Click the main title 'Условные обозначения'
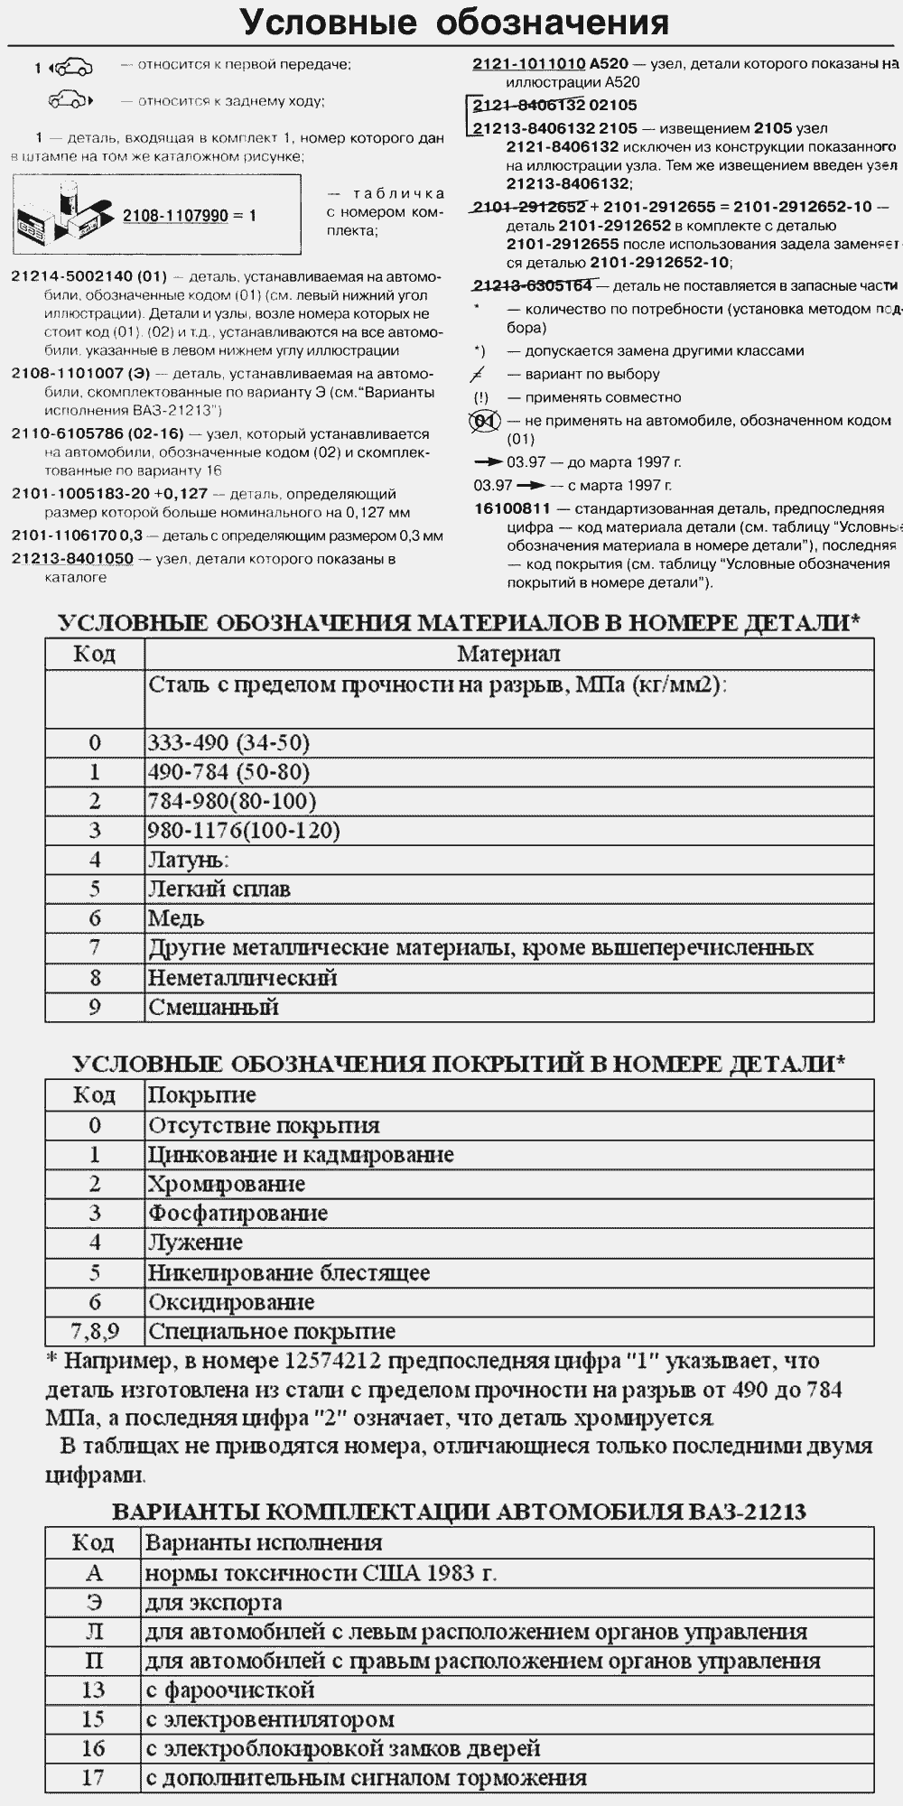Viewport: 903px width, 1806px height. (x=454, y=22)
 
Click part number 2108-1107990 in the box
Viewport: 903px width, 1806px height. (x=175, y=217)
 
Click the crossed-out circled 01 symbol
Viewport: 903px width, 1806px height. (x=485, y=421)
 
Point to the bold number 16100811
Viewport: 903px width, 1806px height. (x=512, y=508)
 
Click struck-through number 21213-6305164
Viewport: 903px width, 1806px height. (x=532, y=286)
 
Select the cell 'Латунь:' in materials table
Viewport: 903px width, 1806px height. (x=189, y=860)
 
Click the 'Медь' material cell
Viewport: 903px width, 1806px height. (x=176, y=918)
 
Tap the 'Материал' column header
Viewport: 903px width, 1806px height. (x=508, y=654)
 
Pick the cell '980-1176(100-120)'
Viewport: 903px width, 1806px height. (x=244, y=831)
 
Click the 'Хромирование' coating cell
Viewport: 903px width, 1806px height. (x=227, y=1184)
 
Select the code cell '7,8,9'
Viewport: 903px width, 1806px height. (x=95, y=1331)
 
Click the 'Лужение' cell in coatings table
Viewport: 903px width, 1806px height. (x=196, y=1243)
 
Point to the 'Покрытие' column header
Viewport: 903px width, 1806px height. (x=202, y=1095)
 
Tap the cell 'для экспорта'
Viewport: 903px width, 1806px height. (x=214, y=1603)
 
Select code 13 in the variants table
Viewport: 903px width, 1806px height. (x=94, y=1690)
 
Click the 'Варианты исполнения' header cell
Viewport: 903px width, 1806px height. (x=264, y=1543)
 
